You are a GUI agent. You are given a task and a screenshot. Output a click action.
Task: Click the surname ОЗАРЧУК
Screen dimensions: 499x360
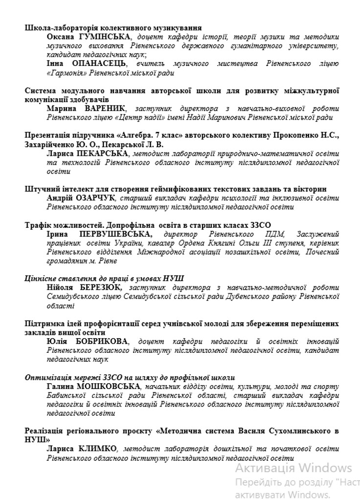(94, 198)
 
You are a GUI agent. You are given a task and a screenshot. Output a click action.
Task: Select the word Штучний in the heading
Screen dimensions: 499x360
(39, 189)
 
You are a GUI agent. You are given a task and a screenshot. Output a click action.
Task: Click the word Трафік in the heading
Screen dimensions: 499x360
(37, 225)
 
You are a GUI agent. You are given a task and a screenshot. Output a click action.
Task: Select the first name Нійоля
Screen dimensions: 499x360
(60, 287)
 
